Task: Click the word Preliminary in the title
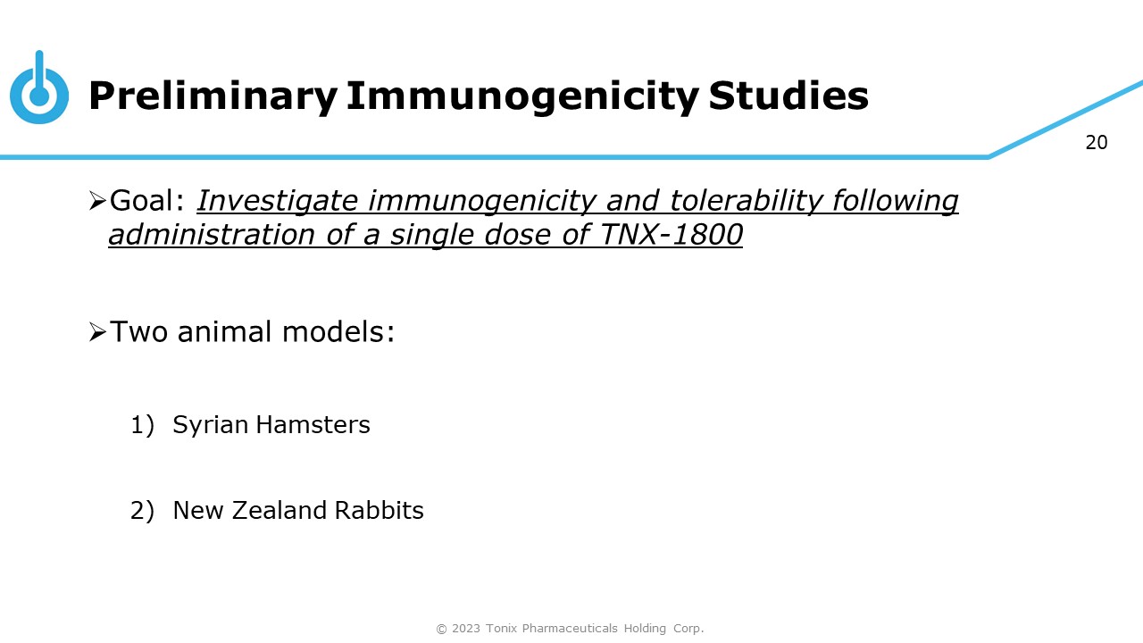point(213,97)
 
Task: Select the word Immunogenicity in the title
point(522,97)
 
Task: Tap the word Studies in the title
point(788,96)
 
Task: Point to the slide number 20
point(1097,143)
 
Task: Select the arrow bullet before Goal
point(97,201)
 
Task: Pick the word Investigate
point(277,202)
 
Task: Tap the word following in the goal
point(896,202)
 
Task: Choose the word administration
point(212,235)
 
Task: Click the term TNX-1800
point(671,235)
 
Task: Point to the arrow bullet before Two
point(97,332)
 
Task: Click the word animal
point(224,331)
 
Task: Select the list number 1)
point(142,425)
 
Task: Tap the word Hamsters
point(313,424)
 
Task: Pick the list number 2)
point(142,511)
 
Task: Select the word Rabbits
point(380,510)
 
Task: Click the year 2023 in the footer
point(466,628)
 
